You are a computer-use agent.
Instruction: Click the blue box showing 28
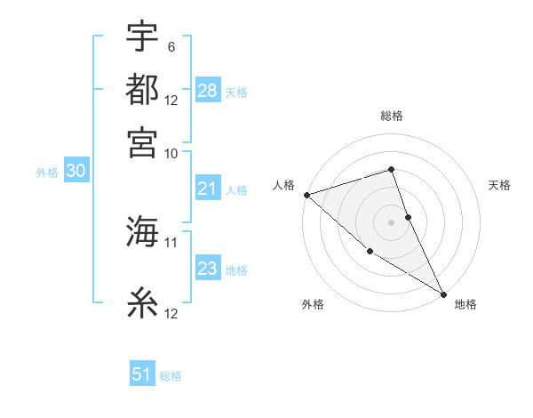208,91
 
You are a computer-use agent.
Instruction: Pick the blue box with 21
208,189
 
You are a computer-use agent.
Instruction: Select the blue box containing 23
208,269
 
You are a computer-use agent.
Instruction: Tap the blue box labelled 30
76,172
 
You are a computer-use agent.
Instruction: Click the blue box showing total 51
142,374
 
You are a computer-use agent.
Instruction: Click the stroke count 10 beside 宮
171,153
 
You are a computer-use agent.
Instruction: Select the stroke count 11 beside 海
171,242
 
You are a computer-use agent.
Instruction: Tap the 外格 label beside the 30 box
47,173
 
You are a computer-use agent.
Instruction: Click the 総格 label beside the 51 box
171,376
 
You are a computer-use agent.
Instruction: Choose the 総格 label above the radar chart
391,116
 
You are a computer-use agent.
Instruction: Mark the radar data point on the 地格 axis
443,293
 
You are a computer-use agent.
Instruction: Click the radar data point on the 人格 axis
306,195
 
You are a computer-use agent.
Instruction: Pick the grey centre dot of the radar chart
391,221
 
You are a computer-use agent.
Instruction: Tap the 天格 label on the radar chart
500,185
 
